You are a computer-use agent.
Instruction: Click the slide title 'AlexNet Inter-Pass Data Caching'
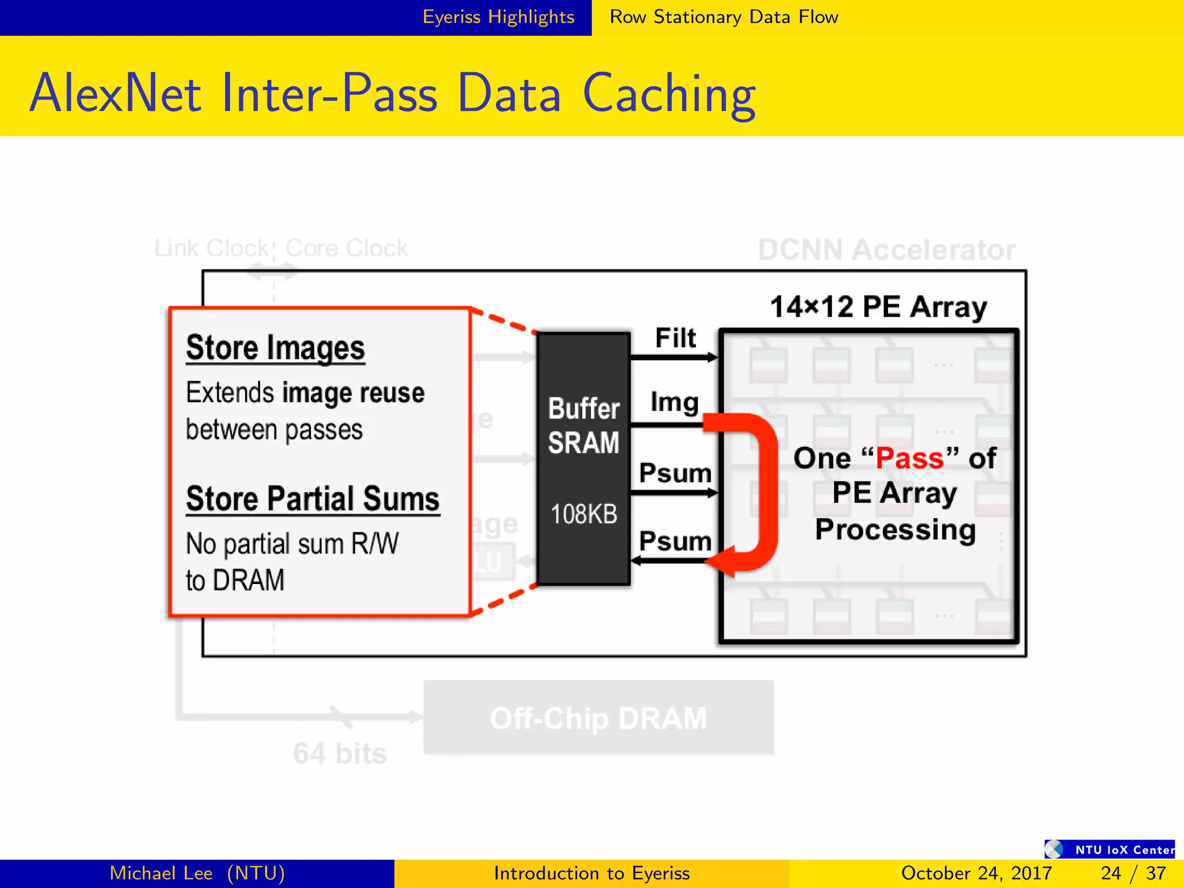(393, 93)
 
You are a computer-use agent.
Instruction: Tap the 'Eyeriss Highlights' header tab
(498, 17)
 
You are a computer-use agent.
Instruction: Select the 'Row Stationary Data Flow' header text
(724, 17)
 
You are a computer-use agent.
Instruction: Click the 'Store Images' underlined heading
(275, 348)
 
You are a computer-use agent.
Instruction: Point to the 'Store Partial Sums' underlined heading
(312, 499)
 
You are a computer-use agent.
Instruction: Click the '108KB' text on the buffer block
(584, 514)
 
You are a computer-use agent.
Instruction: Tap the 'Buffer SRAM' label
(584, 425)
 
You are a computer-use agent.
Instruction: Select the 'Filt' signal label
(675, 338)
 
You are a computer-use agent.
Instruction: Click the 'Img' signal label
(675, 402)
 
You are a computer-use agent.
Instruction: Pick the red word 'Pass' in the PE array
(910, 458)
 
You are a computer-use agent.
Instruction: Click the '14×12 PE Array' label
(878, 306)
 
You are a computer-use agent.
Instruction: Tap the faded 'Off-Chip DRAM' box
(598, 718)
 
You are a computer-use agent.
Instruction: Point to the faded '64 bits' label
(340, 753)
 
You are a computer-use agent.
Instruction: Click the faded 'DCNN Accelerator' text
(887, 250)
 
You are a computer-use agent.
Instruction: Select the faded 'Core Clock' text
(347, 248)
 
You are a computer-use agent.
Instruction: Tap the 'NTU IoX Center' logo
(1109, 849)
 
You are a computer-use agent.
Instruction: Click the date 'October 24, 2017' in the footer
(976, 873)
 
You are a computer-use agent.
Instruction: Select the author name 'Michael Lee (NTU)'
(197, 873)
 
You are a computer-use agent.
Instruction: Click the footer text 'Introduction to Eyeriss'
(591, 873)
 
